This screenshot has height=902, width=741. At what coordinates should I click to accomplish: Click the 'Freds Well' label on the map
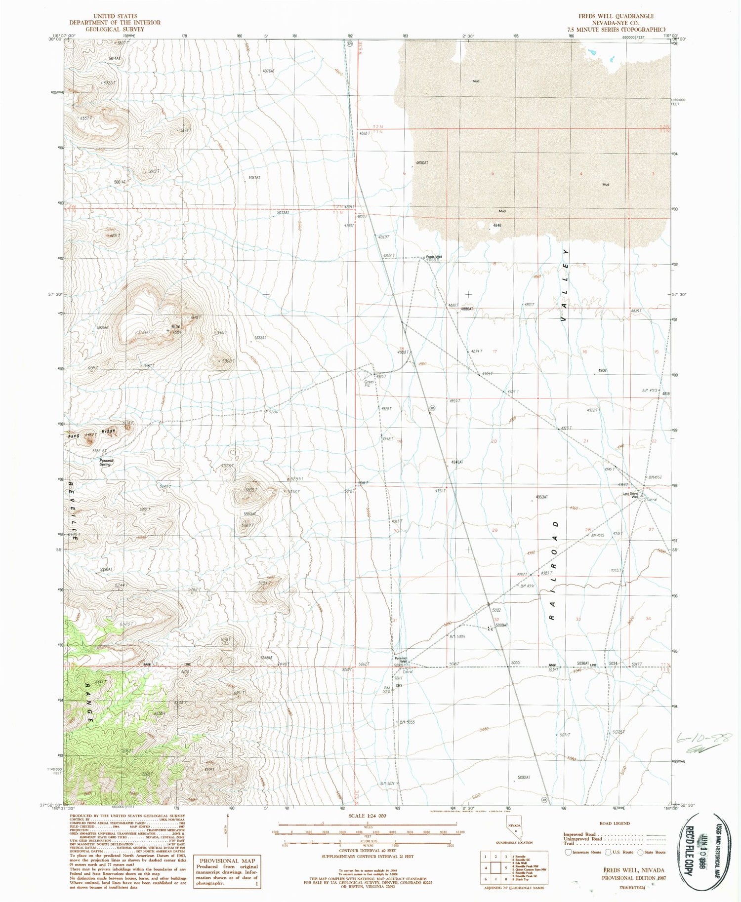tap(434, 257)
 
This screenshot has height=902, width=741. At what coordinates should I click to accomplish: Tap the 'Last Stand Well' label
tap(630, 495)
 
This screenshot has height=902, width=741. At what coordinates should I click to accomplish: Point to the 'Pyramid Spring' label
tap(106, 462)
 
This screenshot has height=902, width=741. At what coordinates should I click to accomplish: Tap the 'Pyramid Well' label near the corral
tap(400, 660)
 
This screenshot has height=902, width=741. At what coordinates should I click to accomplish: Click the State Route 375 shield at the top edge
tap(350, 43)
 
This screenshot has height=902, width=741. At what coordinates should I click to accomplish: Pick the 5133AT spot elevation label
tap(260, 338)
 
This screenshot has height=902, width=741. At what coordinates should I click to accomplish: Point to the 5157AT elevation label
tap(254, 177)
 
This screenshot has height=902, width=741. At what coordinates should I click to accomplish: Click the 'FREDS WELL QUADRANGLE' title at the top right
tap(616, 16)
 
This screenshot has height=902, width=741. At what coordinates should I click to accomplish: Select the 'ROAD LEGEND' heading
tap(614, 824)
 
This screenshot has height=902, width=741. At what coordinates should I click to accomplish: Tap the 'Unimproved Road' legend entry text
tap(583, 839)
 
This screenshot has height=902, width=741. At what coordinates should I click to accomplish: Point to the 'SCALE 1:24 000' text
tap(368, 816)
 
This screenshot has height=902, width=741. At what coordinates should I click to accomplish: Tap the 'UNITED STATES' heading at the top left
tap(115, 16)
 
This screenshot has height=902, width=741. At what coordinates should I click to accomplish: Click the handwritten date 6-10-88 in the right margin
tap(701, 739)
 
